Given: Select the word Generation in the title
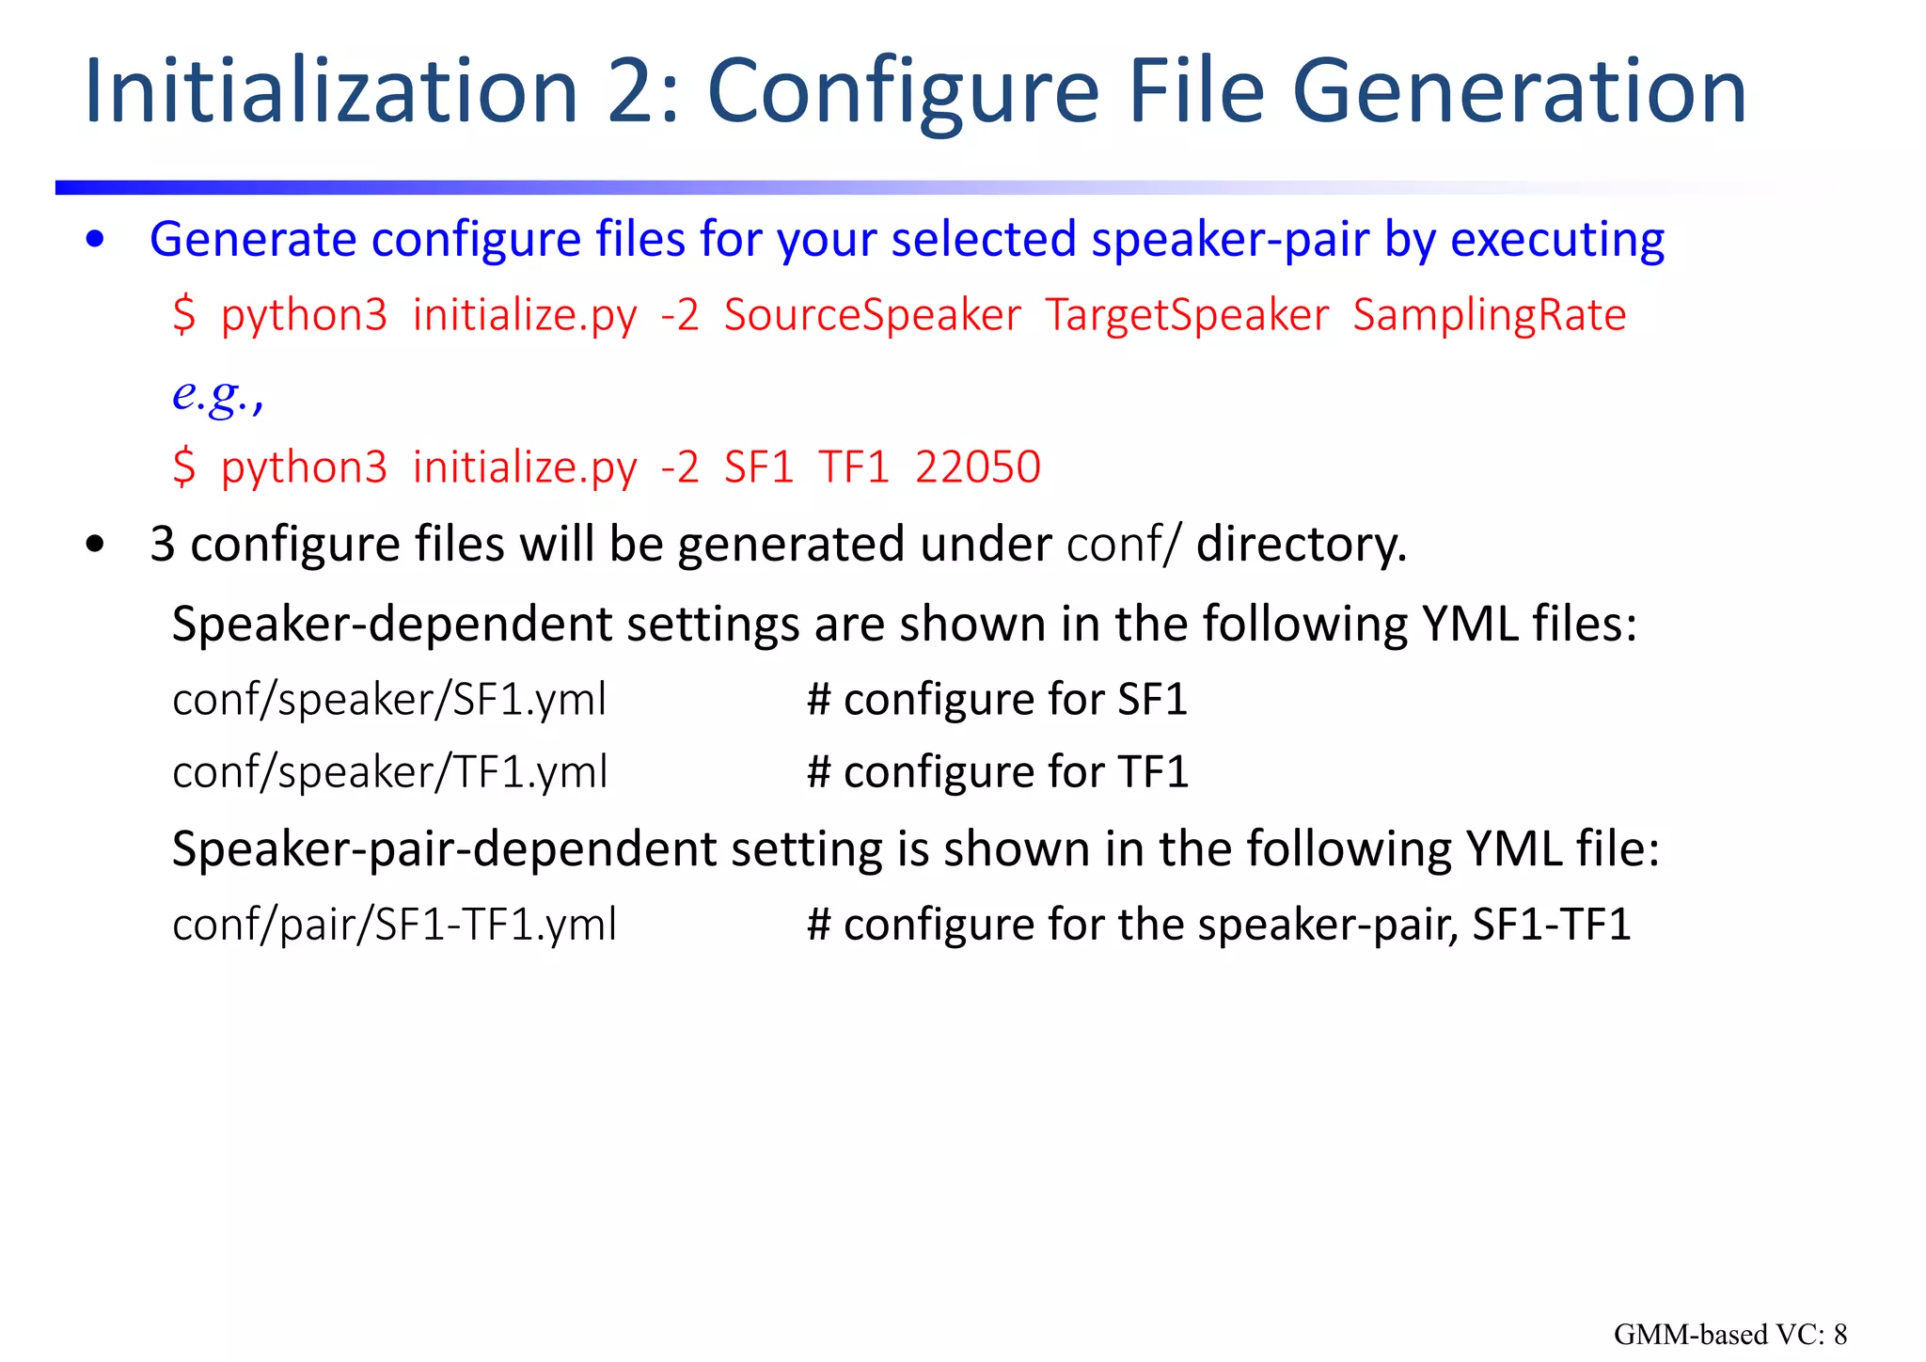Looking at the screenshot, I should pyautogui.click(x=1518, y=91).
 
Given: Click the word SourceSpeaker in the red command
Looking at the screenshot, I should pyautogui.click(x=872, y=315).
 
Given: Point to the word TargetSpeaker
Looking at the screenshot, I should pyautogui.click(x=1187, y=315).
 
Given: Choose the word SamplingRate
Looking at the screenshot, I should pyautogui.click(x=1489, y=315).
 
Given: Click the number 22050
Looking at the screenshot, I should pyautogui.click(x=977, y=467).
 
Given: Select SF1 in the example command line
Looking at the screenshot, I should pyautogui.click(x=758, y=467).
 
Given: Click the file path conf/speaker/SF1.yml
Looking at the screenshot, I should pyautogui.click(x=389, y=700).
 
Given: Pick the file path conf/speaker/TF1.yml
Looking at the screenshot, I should pyautogui.click(x=390, y=772).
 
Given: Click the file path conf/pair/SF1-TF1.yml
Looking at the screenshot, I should pyautogui.click(x=394, y=925).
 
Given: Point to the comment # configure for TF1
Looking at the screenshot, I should pyautogui.click(x=998, y=772).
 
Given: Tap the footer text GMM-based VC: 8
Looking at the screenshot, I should pyautogui.click(x=1729, y=1334).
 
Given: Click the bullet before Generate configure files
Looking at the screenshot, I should pyautogui.click(x=95, y=240).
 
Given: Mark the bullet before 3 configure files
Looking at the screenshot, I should pyautogui.click(x=95, y=545).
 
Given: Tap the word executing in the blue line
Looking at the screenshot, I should pyautogui.click(x=1557, y=240).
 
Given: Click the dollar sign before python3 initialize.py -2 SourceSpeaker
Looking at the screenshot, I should pyautogui.click(x=184, y=315).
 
